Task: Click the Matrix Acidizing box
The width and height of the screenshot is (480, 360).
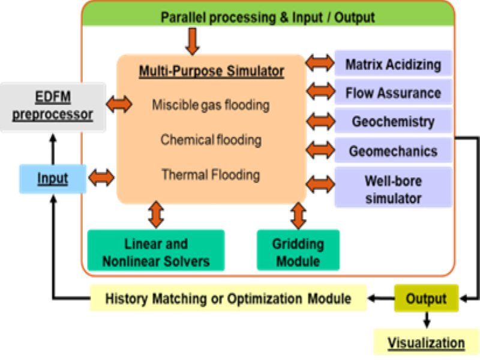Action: point(393,64)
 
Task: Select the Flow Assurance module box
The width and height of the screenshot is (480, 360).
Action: point(393,92)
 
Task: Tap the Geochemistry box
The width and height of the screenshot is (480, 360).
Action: point(393,121)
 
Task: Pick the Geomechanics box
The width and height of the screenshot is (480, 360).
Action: point(393,151)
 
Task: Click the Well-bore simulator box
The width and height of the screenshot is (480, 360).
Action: point(393,187)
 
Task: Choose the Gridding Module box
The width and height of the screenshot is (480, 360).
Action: point(298,250)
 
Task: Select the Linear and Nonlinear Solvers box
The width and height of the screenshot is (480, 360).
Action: point(156,250)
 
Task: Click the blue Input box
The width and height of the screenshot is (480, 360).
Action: point(53,179)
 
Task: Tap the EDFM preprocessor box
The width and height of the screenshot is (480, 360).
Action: point(53,107)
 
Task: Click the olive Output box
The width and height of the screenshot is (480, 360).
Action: point(426,298)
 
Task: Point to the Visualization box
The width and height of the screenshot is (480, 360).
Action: point(426,342)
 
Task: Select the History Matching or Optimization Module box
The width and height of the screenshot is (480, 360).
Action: point(228,298)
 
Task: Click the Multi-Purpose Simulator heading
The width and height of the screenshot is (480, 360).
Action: point(212,71)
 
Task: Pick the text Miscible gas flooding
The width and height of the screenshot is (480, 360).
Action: point(211,105)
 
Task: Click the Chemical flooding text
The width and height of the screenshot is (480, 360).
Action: point(211,140)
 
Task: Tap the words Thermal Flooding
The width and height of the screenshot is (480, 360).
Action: point(211,175)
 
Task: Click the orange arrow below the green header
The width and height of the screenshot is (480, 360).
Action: point(193,41)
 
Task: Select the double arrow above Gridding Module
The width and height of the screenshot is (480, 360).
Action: point(298,216)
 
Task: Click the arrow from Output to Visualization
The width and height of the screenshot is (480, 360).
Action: point(427,320)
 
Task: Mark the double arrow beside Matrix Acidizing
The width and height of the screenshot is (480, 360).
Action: point(320,63)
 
